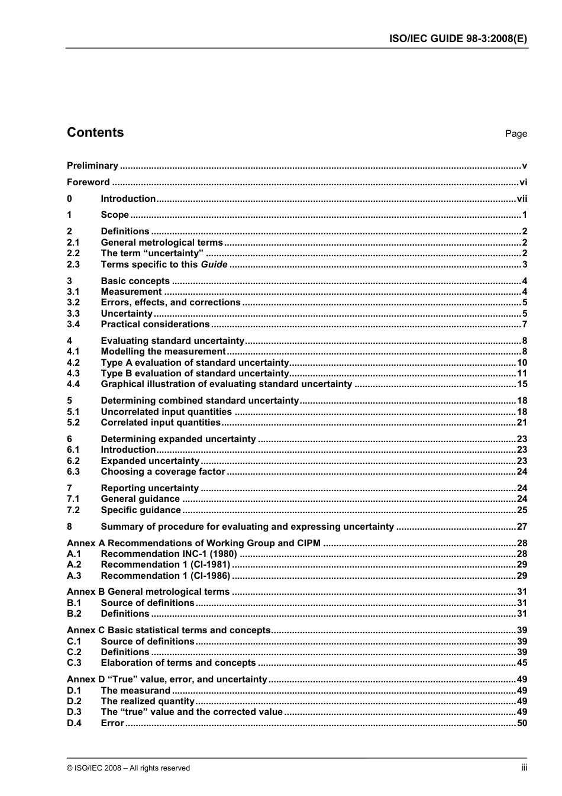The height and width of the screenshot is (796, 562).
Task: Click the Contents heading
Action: (x=95, y=133)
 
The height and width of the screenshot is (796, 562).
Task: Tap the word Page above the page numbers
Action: (x=516, y=134)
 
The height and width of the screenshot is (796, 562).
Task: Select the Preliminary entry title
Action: (x=92, y=166)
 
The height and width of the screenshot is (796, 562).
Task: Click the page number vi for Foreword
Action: (x=523, y=182)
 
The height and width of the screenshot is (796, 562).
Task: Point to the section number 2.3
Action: (x=73, y=265)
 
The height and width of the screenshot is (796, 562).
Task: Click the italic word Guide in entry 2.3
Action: (x=214, y=265)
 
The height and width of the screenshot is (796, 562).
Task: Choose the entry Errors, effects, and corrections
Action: (x=170, y=302)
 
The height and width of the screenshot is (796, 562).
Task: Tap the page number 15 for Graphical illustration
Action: (x=522, y=384)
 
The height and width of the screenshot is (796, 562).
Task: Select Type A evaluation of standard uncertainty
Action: (x=195, y=363)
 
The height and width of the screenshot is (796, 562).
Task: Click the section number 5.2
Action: (x=73, y=423)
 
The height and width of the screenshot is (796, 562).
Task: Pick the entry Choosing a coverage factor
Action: (x=163, y=472)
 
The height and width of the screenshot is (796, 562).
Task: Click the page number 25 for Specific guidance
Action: (x=522, y=510)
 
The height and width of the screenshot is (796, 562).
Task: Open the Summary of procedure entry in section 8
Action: (x=247, y=527)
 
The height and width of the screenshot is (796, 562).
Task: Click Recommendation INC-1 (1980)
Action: (x=169, y=554)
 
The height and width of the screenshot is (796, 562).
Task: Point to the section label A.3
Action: (x=74, y=576)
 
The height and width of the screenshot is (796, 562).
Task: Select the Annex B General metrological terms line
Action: (x=148, y=592)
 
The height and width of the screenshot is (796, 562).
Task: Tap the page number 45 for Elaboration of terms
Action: (x=522, y=663)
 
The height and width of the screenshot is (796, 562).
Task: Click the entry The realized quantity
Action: (x=147, y=701)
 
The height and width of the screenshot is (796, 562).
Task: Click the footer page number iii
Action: (x=524, y=768)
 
